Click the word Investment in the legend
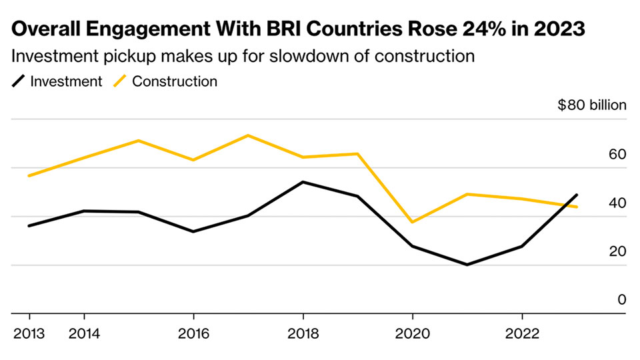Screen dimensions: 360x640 (x=66, y=82)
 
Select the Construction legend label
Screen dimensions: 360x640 (x=175, y=82)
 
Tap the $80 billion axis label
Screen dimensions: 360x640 (x=592, y=105)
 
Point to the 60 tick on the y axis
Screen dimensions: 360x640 (x=617, y=155)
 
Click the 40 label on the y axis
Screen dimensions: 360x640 (x=617, y=203)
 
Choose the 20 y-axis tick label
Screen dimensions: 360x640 (x=617, y=252)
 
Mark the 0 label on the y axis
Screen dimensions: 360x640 (x=621, y=300)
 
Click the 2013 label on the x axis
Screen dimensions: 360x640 (x=29, y=332)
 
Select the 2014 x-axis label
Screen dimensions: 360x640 (x=84, y=332)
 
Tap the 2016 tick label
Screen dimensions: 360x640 (x=193, y=332)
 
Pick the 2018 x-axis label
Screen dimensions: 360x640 (x=303, y=332)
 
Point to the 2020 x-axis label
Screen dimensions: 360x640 (x=413, y=332)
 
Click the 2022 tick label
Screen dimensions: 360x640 (x=522, y=332)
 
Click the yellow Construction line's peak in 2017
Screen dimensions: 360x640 (x=248, y=135)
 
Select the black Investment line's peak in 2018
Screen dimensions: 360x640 (x=303, y=182)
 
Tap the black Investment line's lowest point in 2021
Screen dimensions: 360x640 (x=467, y=265)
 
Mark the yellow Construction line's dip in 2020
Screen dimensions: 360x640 (x=413, y=222)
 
